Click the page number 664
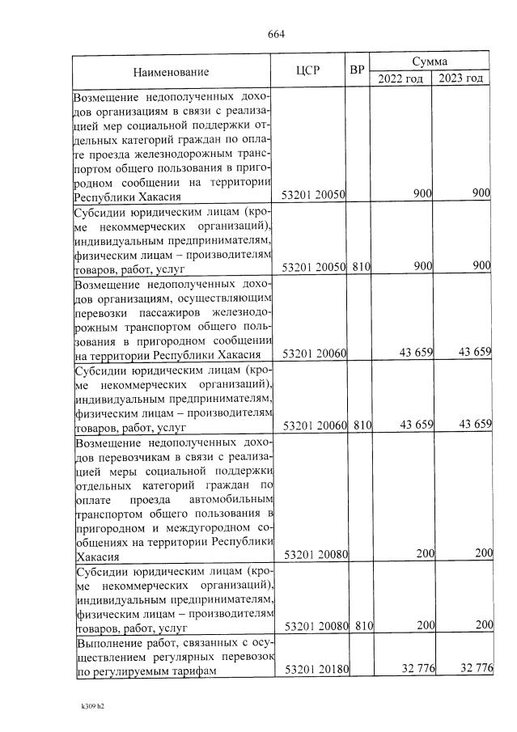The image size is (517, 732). pyautogui.click(x=276, y=34)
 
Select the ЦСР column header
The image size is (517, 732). pyautogui.click(x=309, y=70)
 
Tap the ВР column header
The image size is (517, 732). pyautogui.click(x=357, y=70)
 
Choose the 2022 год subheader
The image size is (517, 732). pyautogui.click(x=400, y=78)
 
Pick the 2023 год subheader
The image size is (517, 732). pyautogui.click(x=461, y=78)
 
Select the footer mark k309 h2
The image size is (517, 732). pyautogui.click(x=93, y=706)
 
